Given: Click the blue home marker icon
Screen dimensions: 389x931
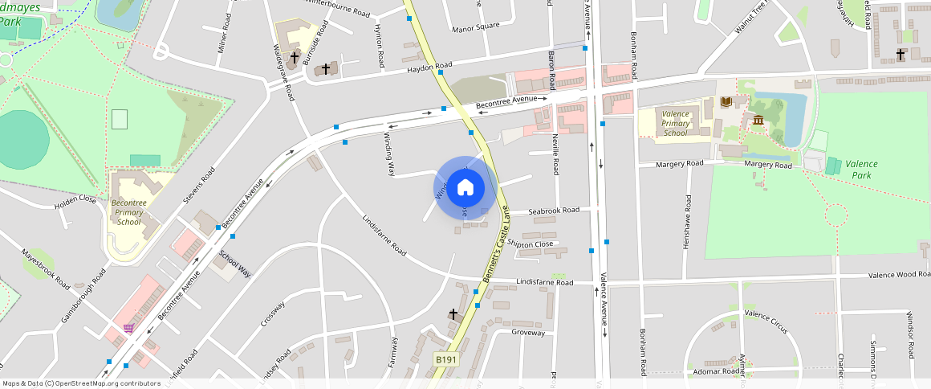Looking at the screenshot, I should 465,188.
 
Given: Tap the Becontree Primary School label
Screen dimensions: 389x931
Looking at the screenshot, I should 128,211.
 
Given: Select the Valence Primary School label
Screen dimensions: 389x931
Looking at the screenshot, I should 676,124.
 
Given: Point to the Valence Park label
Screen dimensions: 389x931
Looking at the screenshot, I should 861,169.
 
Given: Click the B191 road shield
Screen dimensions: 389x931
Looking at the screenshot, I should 445,359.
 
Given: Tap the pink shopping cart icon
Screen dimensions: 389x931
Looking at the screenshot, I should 128,328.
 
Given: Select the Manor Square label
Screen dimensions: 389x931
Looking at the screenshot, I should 475,27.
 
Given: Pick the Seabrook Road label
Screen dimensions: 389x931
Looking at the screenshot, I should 554,211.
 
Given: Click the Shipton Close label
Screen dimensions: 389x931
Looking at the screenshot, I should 530,244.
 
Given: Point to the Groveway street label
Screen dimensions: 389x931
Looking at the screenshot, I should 528,332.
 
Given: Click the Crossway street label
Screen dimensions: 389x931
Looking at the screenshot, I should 273,313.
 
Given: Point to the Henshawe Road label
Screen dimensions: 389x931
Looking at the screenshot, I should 687,224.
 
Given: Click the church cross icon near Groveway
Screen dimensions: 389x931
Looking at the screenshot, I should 453,313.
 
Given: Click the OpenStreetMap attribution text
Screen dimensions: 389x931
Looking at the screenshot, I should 82,383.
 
